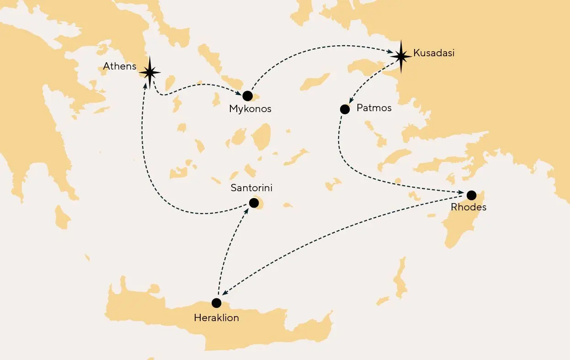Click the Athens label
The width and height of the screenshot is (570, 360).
click(x=119, y=66)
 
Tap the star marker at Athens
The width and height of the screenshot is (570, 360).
click(x=149, y=72)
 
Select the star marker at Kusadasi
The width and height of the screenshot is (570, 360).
click(x=401, y=56)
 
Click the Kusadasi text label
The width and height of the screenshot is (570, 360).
click(x=434, y=53)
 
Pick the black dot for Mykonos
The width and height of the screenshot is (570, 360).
click(x=247, y=96)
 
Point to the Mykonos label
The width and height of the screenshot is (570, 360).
click(x=250, y=109)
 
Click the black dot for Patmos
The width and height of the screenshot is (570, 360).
click(x=345, y=109)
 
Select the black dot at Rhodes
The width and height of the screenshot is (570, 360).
click(x=471, y=195)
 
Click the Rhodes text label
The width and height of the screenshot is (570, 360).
click(x=469, y=207)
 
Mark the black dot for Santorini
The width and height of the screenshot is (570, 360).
click(x=253, y=202)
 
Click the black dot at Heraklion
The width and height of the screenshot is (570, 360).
click(x=217, y=303)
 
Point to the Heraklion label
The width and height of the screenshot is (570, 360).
click(x=216, y=317)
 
